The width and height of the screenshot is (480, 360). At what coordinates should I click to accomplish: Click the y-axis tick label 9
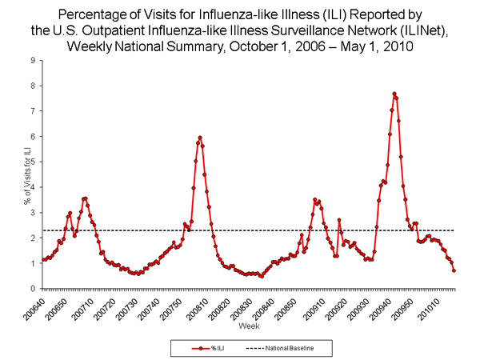31,60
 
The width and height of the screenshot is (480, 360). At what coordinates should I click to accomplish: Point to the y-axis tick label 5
31,162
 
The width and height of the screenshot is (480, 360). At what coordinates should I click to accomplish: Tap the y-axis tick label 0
31,289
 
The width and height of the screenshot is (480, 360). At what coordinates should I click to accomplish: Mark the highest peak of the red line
394,94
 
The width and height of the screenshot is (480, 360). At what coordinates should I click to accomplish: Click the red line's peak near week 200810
200,138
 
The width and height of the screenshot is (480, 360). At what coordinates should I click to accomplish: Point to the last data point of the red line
454,270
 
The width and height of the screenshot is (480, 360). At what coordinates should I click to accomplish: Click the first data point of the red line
42,259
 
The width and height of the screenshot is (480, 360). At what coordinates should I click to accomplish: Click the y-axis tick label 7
31,110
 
